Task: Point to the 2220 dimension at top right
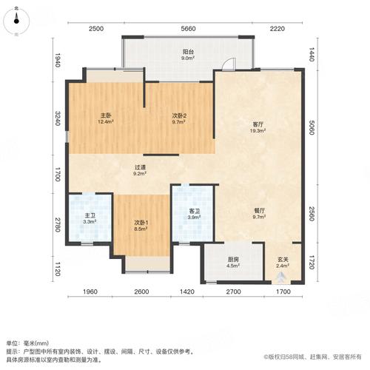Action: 277,29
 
